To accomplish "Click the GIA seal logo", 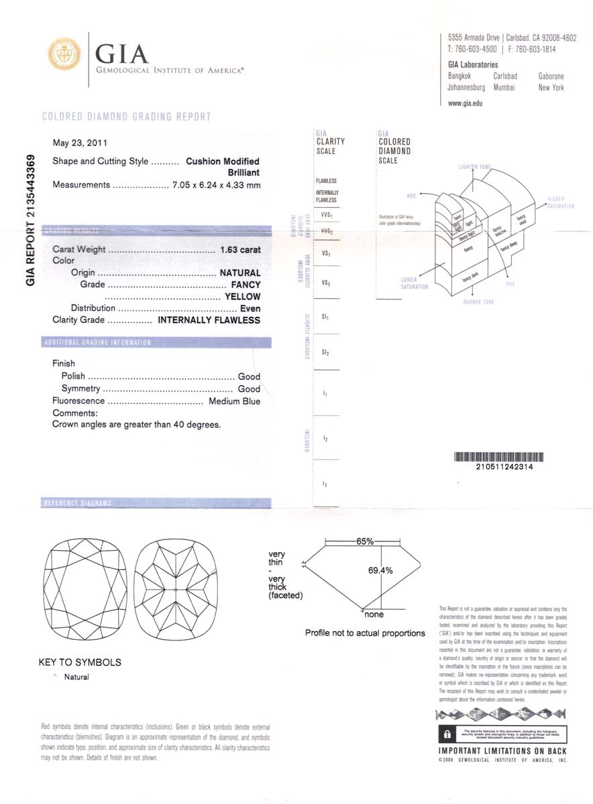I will [x=64, y=54].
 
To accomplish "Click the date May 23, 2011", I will [x=80, y=143].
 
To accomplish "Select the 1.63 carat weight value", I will [x=239, y=250].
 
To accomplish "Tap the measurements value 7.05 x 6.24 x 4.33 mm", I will [x=216, y=185].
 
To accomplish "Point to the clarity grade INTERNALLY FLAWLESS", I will [x=209, y=320].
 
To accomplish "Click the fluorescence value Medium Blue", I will [x=234, y=401].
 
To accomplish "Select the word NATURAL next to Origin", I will [x=240, y=273].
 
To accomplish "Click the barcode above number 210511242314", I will [x=498, y=457].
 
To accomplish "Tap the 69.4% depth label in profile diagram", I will [x=380, y=571].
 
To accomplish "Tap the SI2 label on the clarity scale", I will [x=325, y=352].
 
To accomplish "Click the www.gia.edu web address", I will [x=465, y=103].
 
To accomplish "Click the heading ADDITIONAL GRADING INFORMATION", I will [x=97, y=342].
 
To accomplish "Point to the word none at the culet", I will [x=374, y=614].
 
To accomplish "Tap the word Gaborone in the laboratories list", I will [x=551, y=76].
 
